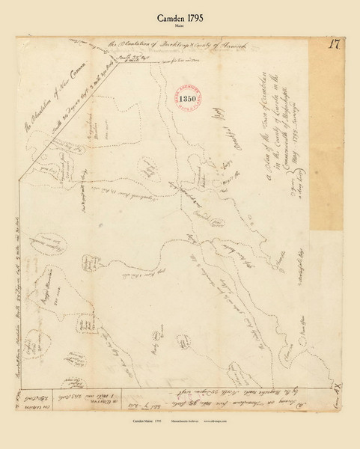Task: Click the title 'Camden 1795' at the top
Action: (180, 13)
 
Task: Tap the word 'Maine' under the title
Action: (180, 24)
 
